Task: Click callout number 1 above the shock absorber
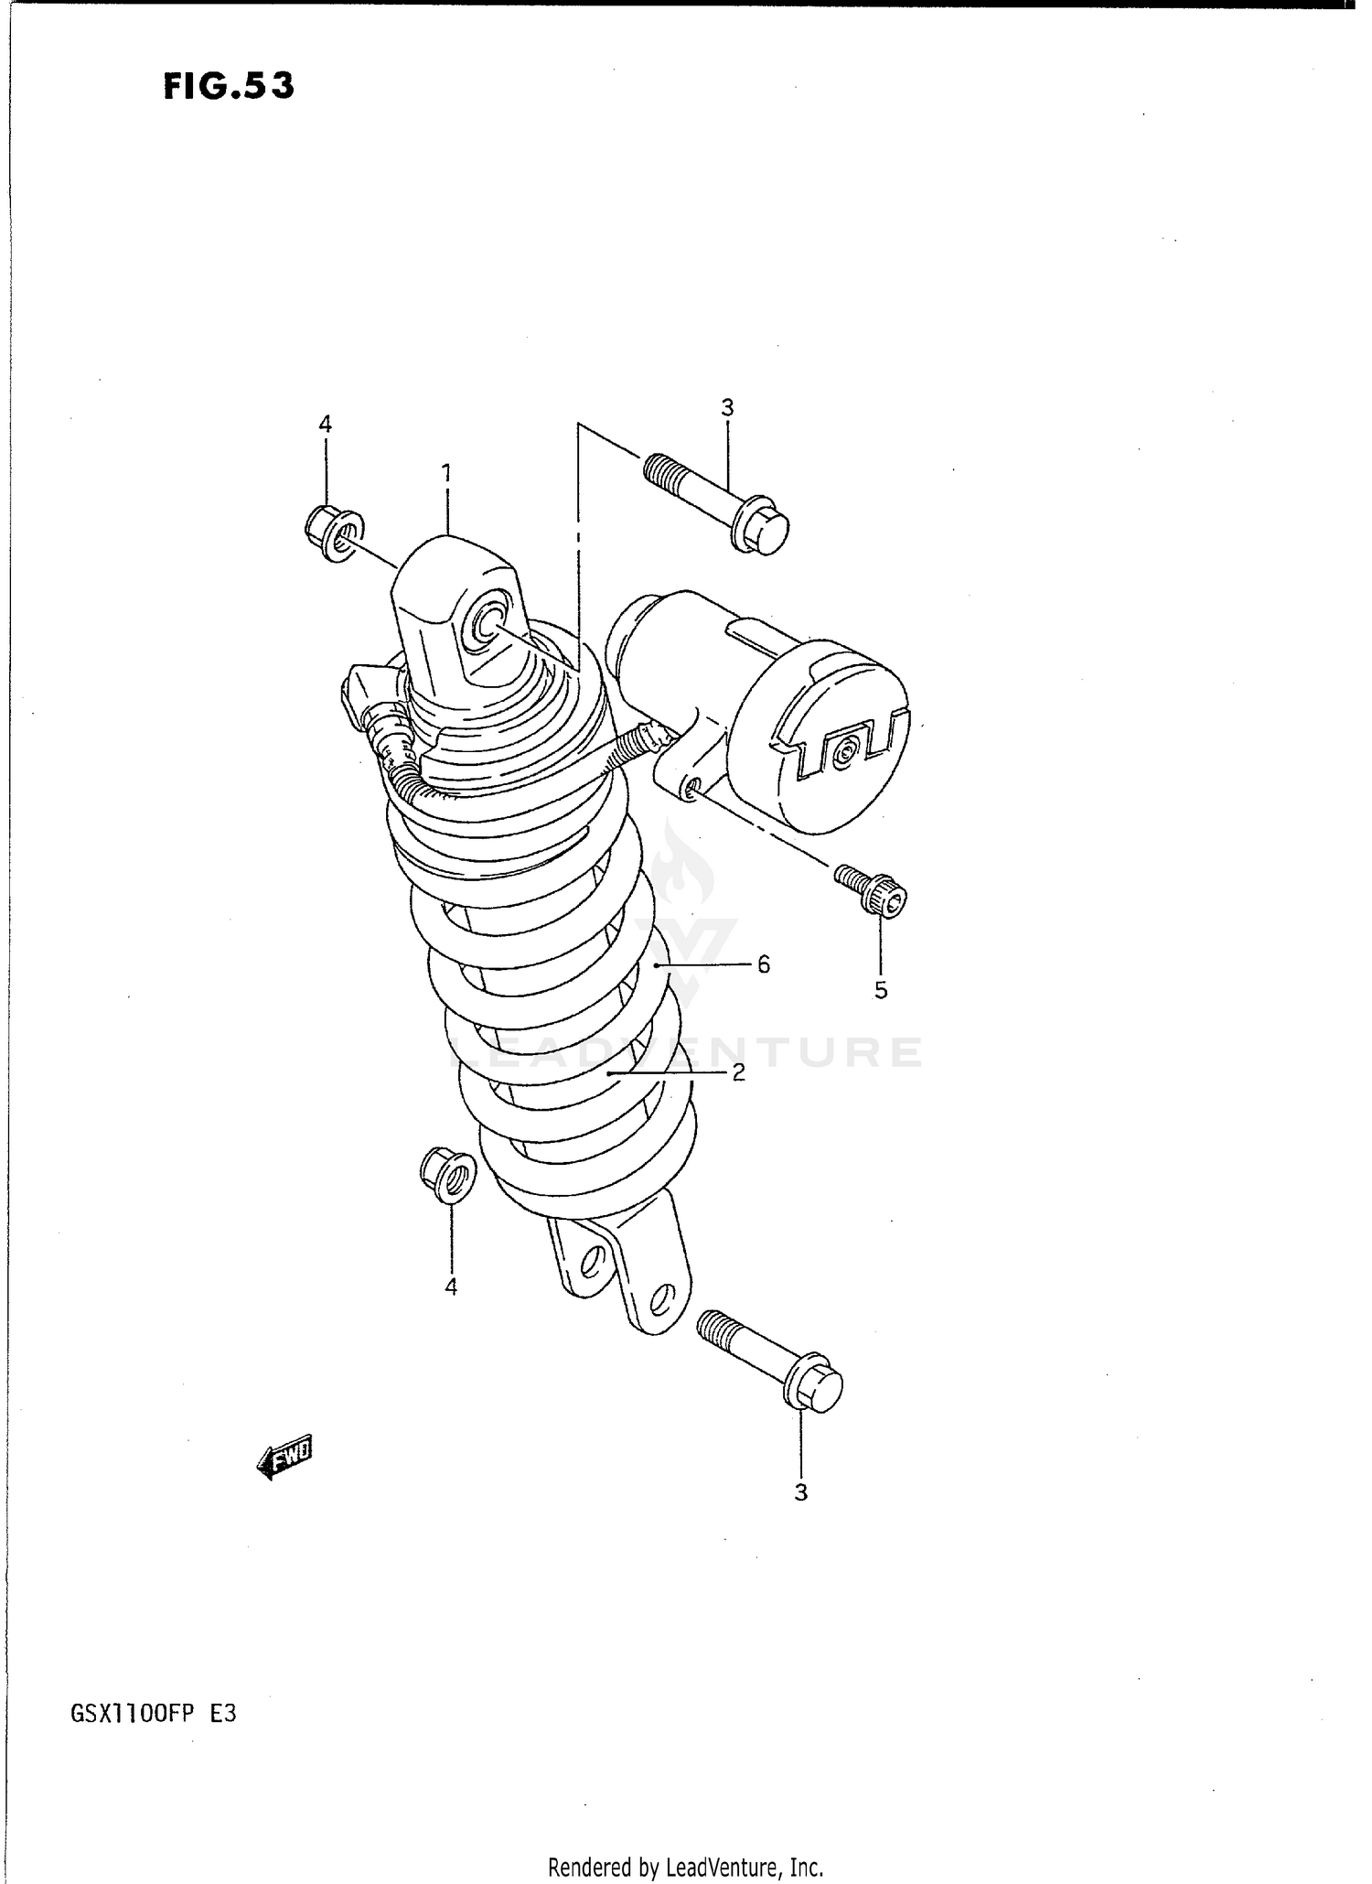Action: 446,472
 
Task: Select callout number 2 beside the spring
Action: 738,1071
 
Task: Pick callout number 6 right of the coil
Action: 763,964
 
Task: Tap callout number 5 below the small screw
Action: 880,990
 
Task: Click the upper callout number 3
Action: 727,408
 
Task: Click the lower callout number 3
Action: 800,1492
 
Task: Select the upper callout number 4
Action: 325,424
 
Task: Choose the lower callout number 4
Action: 450,1287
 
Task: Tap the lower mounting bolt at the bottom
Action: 770,1362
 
